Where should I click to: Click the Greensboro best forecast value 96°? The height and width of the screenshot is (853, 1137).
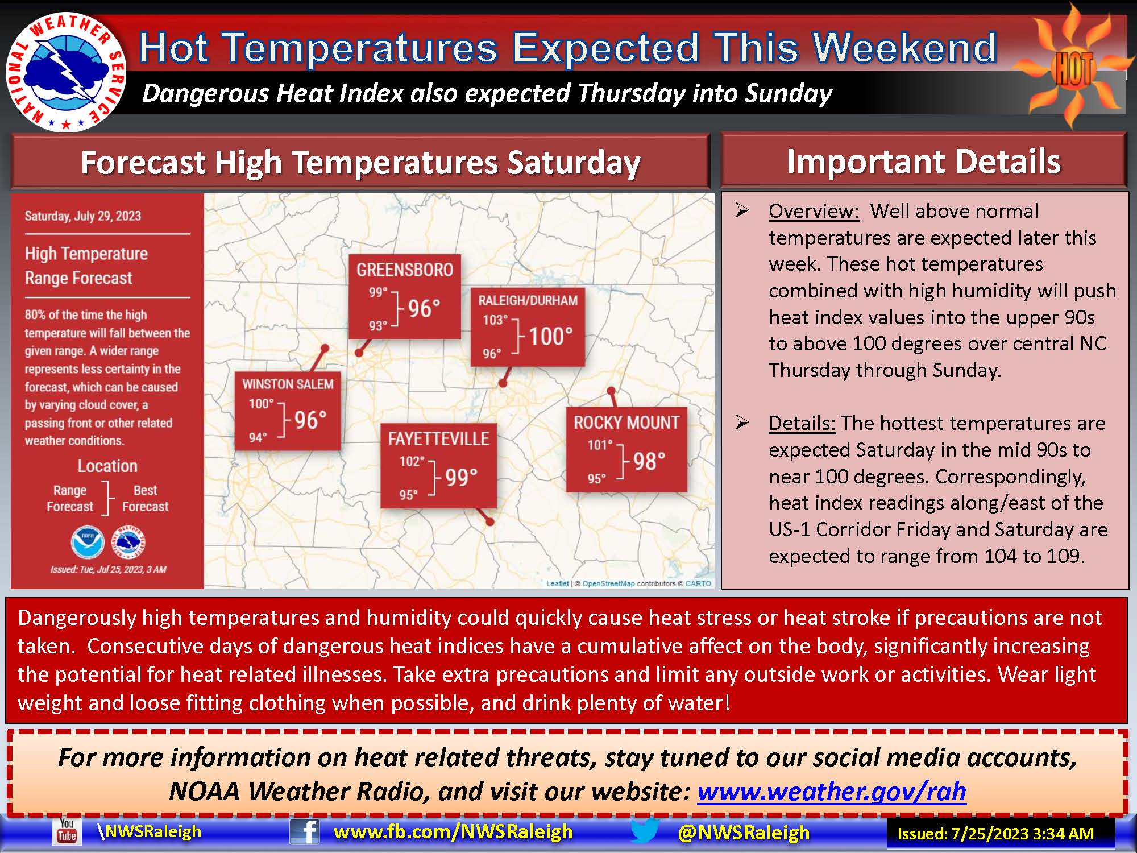tap(424, 309)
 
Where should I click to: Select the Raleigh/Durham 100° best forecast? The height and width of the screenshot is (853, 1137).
tap(550, 336)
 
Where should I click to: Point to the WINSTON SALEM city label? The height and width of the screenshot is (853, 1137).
tap(288, 384)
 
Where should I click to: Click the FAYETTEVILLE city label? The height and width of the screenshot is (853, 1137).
tap(438, 439)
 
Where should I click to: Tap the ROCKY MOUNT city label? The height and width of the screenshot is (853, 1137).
tap(626, 423)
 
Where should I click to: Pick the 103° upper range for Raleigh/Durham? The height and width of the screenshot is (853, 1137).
tap(495, 320)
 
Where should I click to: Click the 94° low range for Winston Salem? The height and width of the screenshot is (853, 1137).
tap(258, 438)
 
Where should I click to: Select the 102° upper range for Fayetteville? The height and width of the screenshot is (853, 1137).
tap(412, 461)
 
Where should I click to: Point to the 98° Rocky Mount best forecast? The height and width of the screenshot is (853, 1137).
tap(649, 462)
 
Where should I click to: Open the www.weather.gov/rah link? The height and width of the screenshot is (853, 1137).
tap(831, 791)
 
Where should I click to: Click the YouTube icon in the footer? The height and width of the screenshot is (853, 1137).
tap(67, 831)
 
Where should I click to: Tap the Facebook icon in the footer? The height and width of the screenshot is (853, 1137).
tap(304, 832)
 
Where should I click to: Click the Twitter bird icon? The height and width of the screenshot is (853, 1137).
tap(645, 831)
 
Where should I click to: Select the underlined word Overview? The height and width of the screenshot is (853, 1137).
tap(814, 211)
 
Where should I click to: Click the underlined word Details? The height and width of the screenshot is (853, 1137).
tap(802, 423)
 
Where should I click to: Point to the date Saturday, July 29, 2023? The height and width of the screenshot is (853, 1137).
tap(83, 216)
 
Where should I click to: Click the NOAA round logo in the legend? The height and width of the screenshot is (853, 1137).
tap(88, 542)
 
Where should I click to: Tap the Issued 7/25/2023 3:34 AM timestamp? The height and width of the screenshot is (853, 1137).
tap(995, 834)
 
